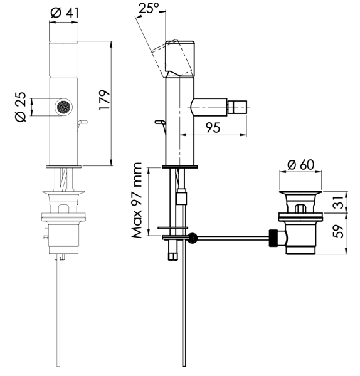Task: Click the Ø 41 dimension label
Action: [x=65, y=13]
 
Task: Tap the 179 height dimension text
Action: [x=105, y=100]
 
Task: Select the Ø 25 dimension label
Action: [x=21, y=107]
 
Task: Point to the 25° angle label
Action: [x=149, y=8]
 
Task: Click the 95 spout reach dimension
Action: [x=213, y=128]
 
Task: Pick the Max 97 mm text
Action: [x=137, y=201]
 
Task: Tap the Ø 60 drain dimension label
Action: [x=300, y=165]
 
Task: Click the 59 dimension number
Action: [x=339, y=231]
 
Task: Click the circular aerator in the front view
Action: [x=63, y=107]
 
